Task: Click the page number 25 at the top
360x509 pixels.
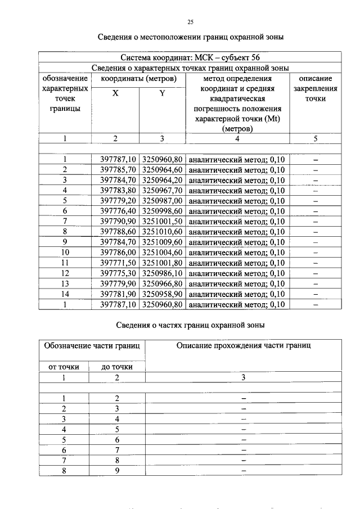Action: (190, 22)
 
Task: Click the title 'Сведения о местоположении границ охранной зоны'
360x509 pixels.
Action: (190, 38)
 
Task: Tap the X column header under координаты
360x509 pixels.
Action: (115, 94)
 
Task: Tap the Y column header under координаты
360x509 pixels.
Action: (162, 94)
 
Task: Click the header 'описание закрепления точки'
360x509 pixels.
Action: (316, 89)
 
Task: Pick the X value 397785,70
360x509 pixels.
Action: (115, 170)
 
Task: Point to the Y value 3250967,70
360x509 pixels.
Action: (163, 191)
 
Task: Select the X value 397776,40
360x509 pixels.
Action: (115, 211)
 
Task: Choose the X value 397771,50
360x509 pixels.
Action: (115, 263)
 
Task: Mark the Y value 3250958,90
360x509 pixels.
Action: (163, 294)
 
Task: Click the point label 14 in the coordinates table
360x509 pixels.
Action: (65, 294)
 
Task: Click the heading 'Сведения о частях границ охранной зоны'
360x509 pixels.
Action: (190, 325)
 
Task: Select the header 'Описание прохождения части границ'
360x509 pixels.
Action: (243, 345)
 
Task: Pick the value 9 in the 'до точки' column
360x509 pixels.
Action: (117, 471)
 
